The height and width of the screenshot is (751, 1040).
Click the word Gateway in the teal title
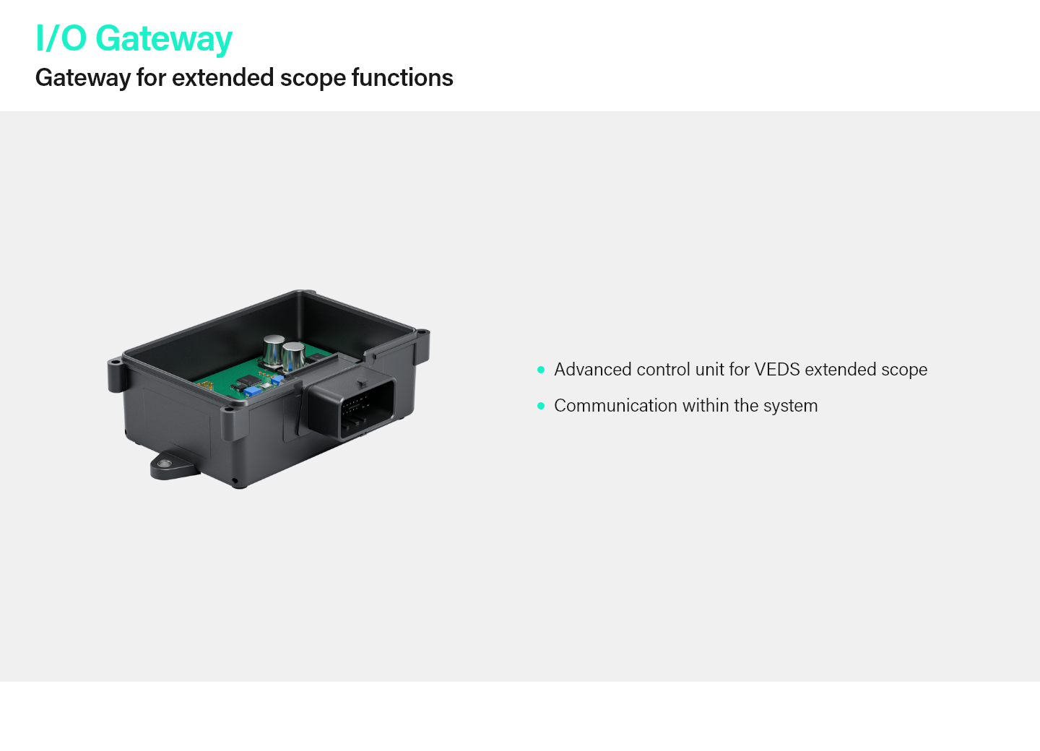tap(164, 39)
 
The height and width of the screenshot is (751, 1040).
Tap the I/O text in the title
tap(61, 38)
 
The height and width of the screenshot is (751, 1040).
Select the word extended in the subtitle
tap(223, 77)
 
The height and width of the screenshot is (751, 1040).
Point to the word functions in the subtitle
tap(402, 77)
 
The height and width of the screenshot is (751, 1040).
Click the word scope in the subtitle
tap(313, 79)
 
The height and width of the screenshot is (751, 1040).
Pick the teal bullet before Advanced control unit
tap(541, 370)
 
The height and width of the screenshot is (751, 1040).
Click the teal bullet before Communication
tap(541, 406)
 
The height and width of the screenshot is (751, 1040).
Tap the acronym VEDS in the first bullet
tap(777, 370)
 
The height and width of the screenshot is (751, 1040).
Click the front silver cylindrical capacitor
tap(293, 357)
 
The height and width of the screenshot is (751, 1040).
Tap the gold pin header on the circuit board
tap(206, 385)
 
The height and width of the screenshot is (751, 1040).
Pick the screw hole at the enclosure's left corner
tap(114, 362)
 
